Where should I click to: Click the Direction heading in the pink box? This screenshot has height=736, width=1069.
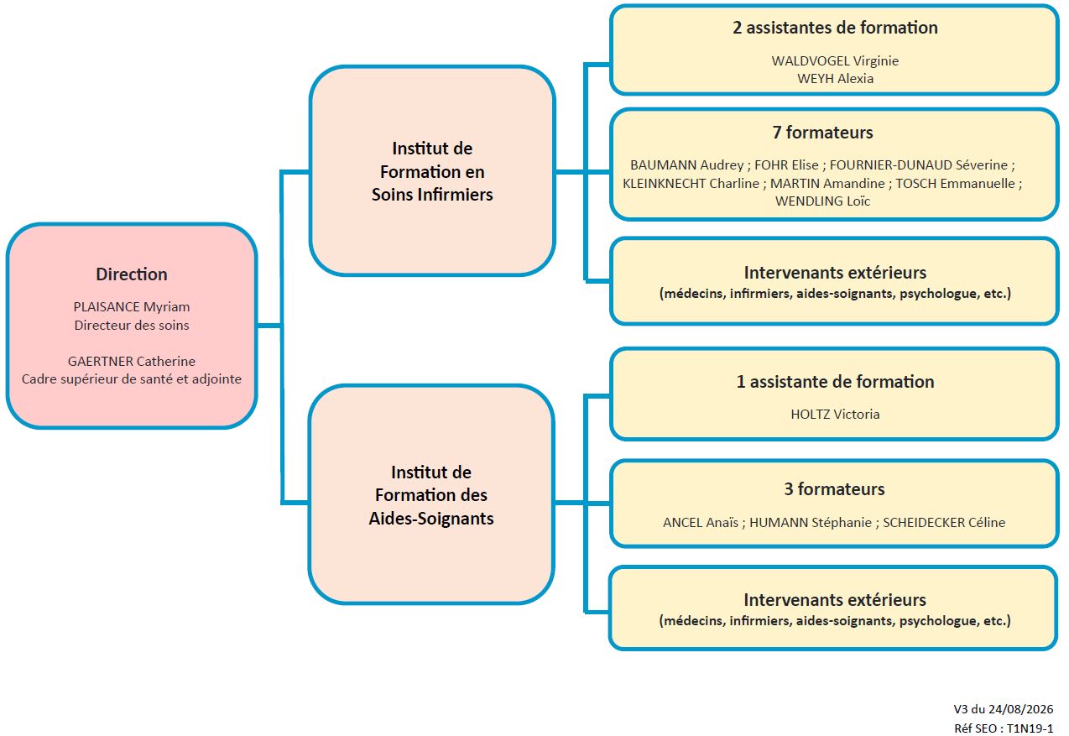pyautogui.click(x=132, y=274)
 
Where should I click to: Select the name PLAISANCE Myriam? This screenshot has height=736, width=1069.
pyautogui.click(x=132, y=307)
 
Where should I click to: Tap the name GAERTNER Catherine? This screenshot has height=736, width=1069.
pyautogui.click(x=132, y=362)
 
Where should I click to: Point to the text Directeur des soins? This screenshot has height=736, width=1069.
pyautogui.click(x=132, y=326)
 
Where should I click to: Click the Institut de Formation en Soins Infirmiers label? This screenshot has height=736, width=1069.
pyautogui.click(x=432, y=171)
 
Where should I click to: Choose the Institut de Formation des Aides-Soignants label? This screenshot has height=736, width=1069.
pyautogui.click(x=431, y=495)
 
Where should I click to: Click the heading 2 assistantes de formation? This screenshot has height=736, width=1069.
pyautogui.click(x=835, y=28)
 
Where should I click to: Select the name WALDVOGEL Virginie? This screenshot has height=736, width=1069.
pyautogui.click(x=835, y=61)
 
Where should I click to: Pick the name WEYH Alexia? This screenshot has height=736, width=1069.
pyautogui.click(x=835, y=78)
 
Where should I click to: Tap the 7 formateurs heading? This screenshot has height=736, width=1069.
pyautogui.click(x=823, y=133)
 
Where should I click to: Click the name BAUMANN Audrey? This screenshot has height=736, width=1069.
pyautogui.click(x=686, y=165)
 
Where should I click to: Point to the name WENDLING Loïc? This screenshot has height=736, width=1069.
pyautogui.click(x=823, y=201)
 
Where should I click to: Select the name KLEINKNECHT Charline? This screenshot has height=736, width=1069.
pyautogui.click(x=691, y=184)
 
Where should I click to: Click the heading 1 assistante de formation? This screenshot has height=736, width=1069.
pyautogui.click(x=835, y=382)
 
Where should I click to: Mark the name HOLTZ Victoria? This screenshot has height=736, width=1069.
pyautogui.click(x=835, y=415)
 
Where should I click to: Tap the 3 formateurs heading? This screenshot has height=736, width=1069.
pyautogui.click(x=834, y=489)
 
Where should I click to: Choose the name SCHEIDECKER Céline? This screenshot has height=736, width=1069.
pyautogui.click(x=944, y=523)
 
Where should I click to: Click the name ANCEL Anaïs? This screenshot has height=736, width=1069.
pyautogui.click(x=701, y=523)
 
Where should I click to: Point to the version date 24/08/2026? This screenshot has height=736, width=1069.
pyautogui.click(x=1020, y=709)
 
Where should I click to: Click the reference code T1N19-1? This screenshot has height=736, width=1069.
pyautogui.click(x=1030, y=728)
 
